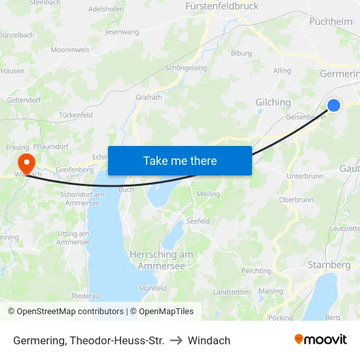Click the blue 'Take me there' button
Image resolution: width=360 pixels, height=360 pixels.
pos(179,160)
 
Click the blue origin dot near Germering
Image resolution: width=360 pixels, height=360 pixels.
pos(333,105)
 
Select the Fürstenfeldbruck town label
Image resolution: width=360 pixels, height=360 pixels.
pos(222,6)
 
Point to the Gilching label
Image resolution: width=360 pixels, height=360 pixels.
pos(273,102)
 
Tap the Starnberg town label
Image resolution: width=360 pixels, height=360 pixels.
pos(329,265)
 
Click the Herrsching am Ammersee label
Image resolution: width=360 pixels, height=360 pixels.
pos(161,260)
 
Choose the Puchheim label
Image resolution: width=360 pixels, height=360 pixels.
pos(330,22)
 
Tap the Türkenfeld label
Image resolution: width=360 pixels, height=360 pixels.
pos(75,115)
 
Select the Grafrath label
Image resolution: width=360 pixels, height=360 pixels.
pos(149,98)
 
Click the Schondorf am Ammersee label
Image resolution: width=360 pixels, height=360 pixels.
pos(82,198)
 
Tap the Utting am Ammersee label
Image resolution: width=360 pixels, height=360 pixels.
pos(73,238)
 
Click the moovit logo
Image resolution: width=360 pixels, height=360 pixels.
pos(320,340)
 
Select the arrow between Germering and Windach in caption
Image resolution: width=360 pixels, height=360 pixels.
pos(176,340)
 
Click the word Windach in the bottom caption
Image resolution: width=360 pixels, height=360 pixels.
pos(209,340)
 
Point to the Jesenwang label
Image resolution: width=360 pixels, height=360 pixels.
pos(122,31)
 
